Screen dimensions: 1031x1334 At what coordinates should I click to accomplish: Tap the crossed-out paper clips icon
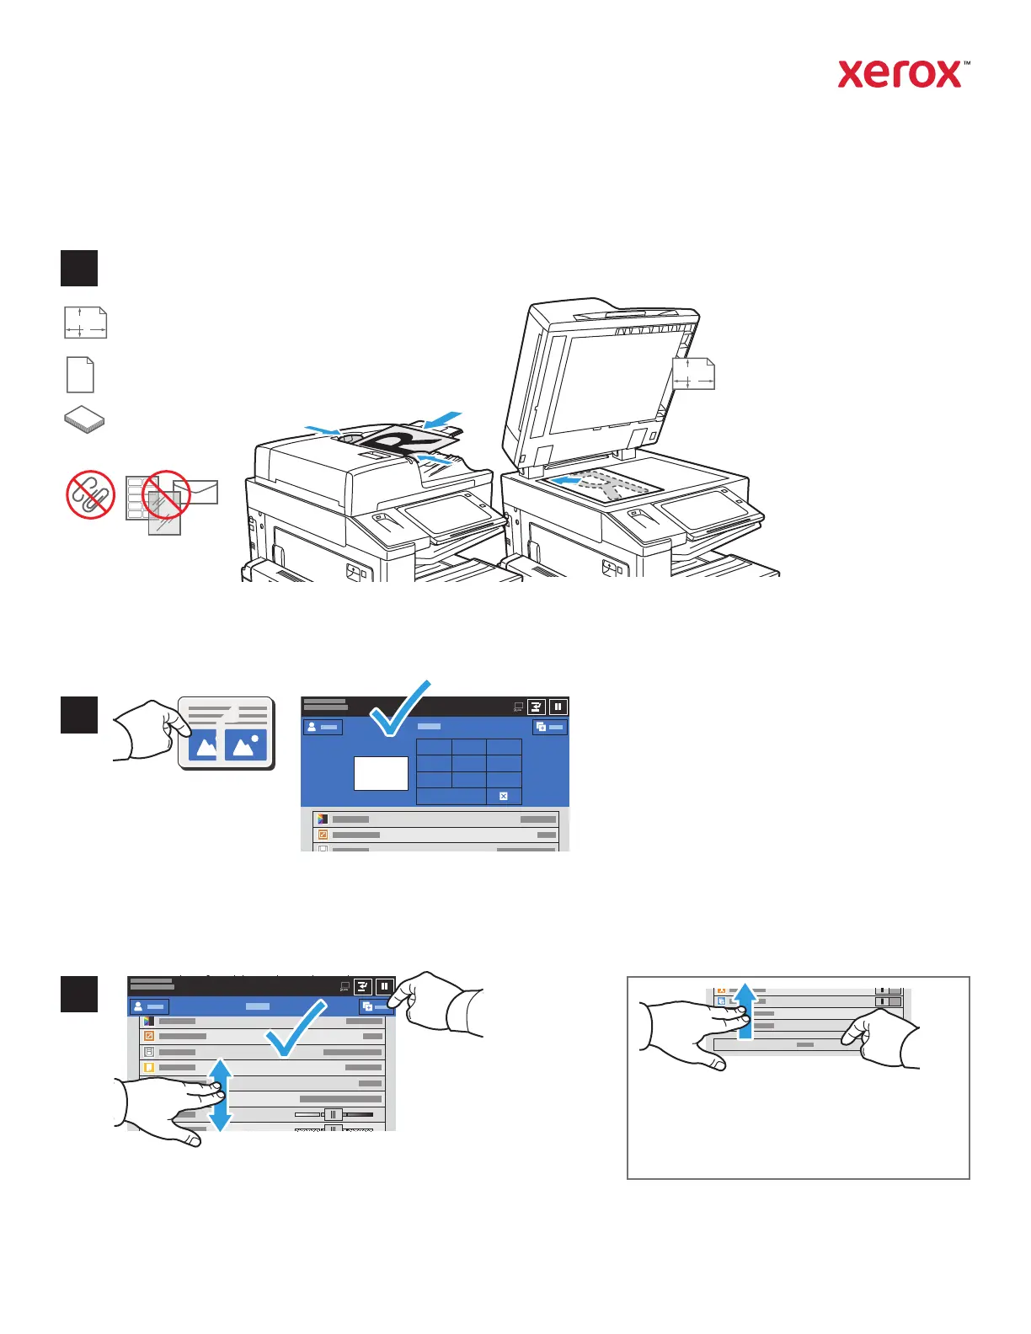click(x=90, y=494)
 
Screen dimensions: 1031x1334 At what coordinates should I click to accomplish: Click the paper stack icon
click(x=84, y=420)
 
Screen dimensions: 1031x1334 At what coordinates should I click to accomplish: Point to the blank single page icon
click(x=80, y=375)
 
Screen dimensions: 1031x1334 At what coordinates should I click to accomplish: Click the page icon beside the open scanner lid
click(x=693, y=373)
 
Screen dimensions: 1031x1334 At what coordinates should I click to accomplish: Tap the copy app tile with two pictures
click(x=227, y=732)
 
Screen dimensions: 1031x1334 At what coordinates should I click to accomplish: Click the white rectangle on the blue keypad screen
click(x=381, y=772)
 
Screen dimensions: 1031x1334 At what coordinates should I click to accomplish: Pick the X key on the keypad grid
click(x=504, y=796)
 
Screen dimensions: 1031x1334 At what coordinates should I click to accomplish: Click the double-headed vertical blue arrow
click(x=220, y=1095)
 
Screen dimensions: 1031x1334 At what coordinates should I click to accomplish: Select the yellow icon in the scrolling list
click(x=149, y=1067)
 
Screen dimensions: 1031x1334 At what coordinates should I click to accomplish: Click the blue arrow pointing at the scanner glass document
click(x=563, y=481)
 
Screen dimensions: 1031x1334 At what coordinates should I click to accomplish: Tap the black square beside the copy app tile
click(x=79, y=715)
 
